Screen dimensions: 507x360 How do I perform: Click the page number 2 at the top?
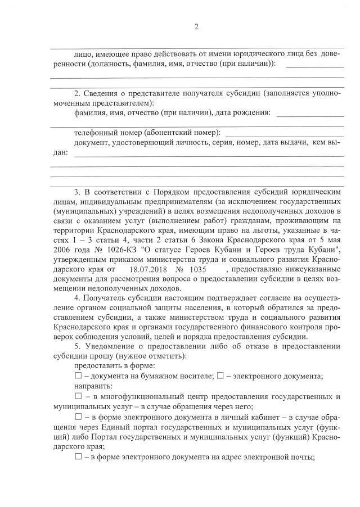[x=196, y=26]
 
